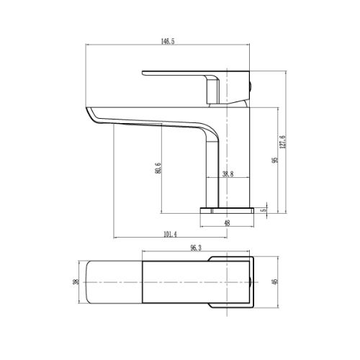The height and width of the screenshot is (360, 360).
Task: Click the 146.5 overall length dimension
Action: point(168,41)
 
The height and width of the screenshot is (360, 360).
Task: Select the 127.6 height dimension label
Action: point(282,142)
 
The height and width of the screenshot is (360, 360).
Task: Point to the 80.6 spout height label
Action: point(158,168)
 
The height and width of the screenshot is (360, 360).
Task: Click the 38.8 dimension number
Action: point(228,174)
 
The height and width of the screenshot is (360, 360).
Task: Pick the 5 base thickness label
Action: point(264,210)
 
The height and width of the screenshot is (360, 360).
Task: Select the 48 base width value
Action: point(227,223)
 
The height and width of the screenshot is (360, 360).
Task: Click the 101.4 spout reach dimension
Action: point(170,234)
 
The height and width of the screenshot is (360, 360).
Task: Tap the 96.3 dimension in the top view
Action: point(196,248)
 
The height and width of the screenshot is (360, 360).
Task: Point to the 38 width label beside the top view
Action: point(76,282)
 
